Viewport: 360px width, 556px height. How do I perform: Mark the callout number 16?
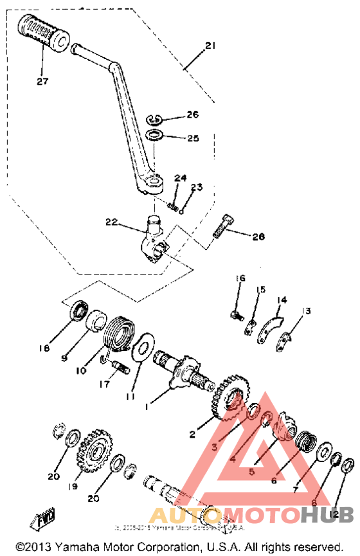[240, 278]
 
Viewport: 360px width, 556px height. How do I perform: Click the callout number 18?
[43, 348]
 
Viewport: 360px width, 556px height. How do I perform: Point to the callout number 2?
[192, 435]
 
